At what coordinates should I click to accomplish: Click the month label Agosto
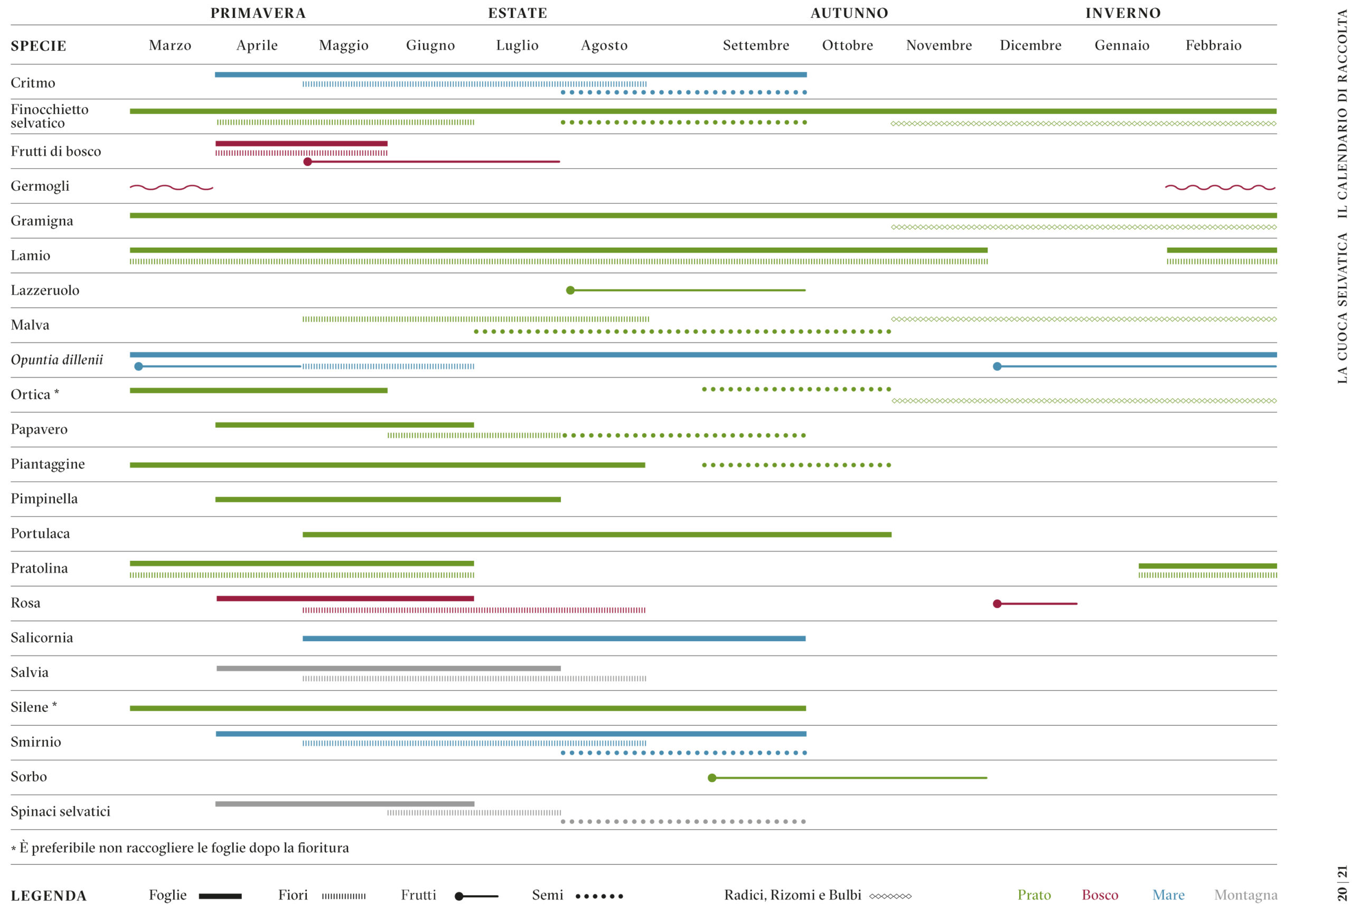604,45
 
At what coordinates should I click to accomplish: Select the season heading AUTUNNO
849,13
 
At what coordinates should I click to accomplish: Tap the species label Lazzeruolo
45,290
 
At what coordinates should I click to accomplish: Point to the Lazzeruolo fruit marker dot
570,290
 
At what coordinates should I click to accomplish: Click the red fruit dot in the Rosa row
997,604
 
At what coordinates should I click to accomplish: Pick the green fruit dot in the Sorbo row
712,777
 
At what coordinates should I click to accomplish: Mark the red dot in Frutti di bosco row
307,162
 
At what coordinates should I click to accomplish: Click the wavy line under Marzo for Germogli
172,187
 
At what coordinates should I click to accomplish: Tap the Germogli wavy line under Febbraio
1219,187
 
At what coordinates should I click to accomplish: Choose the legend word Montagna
1245,895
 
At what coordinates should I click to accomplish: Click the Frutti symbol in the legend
476,896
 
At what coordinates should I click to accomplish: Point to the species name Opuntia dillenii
57,360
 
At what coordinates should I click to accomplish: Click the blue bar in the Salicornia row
553,638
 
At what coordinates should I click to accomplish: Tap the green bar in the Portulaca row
597,534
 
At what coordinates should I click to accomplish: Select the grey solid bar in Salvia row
388,668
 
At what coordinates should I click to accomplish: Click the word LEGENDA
49,896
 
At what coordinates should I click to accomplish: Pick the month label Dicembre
1030,45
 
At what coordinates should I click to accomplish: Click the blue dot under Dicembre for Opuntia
997,366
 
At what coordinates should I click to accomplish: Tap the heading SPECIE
39,46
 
